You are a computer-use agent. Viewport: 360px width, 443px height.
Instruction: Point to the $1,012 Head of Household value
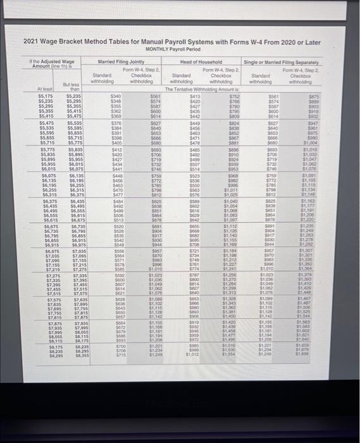coord(195,356)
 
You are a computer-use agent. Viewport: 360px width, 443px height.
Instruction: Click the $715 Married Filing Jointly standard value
coord(115,356)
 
